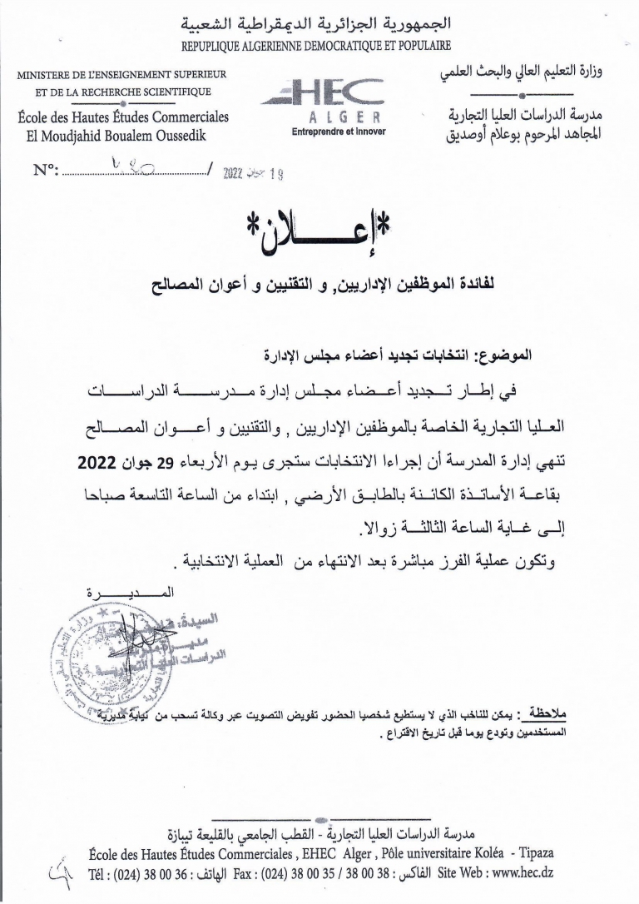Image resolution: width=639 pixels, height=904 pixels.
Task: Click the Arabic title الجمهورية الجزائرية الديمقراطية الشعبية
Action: pyautogui.click(x=319, y=22)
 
